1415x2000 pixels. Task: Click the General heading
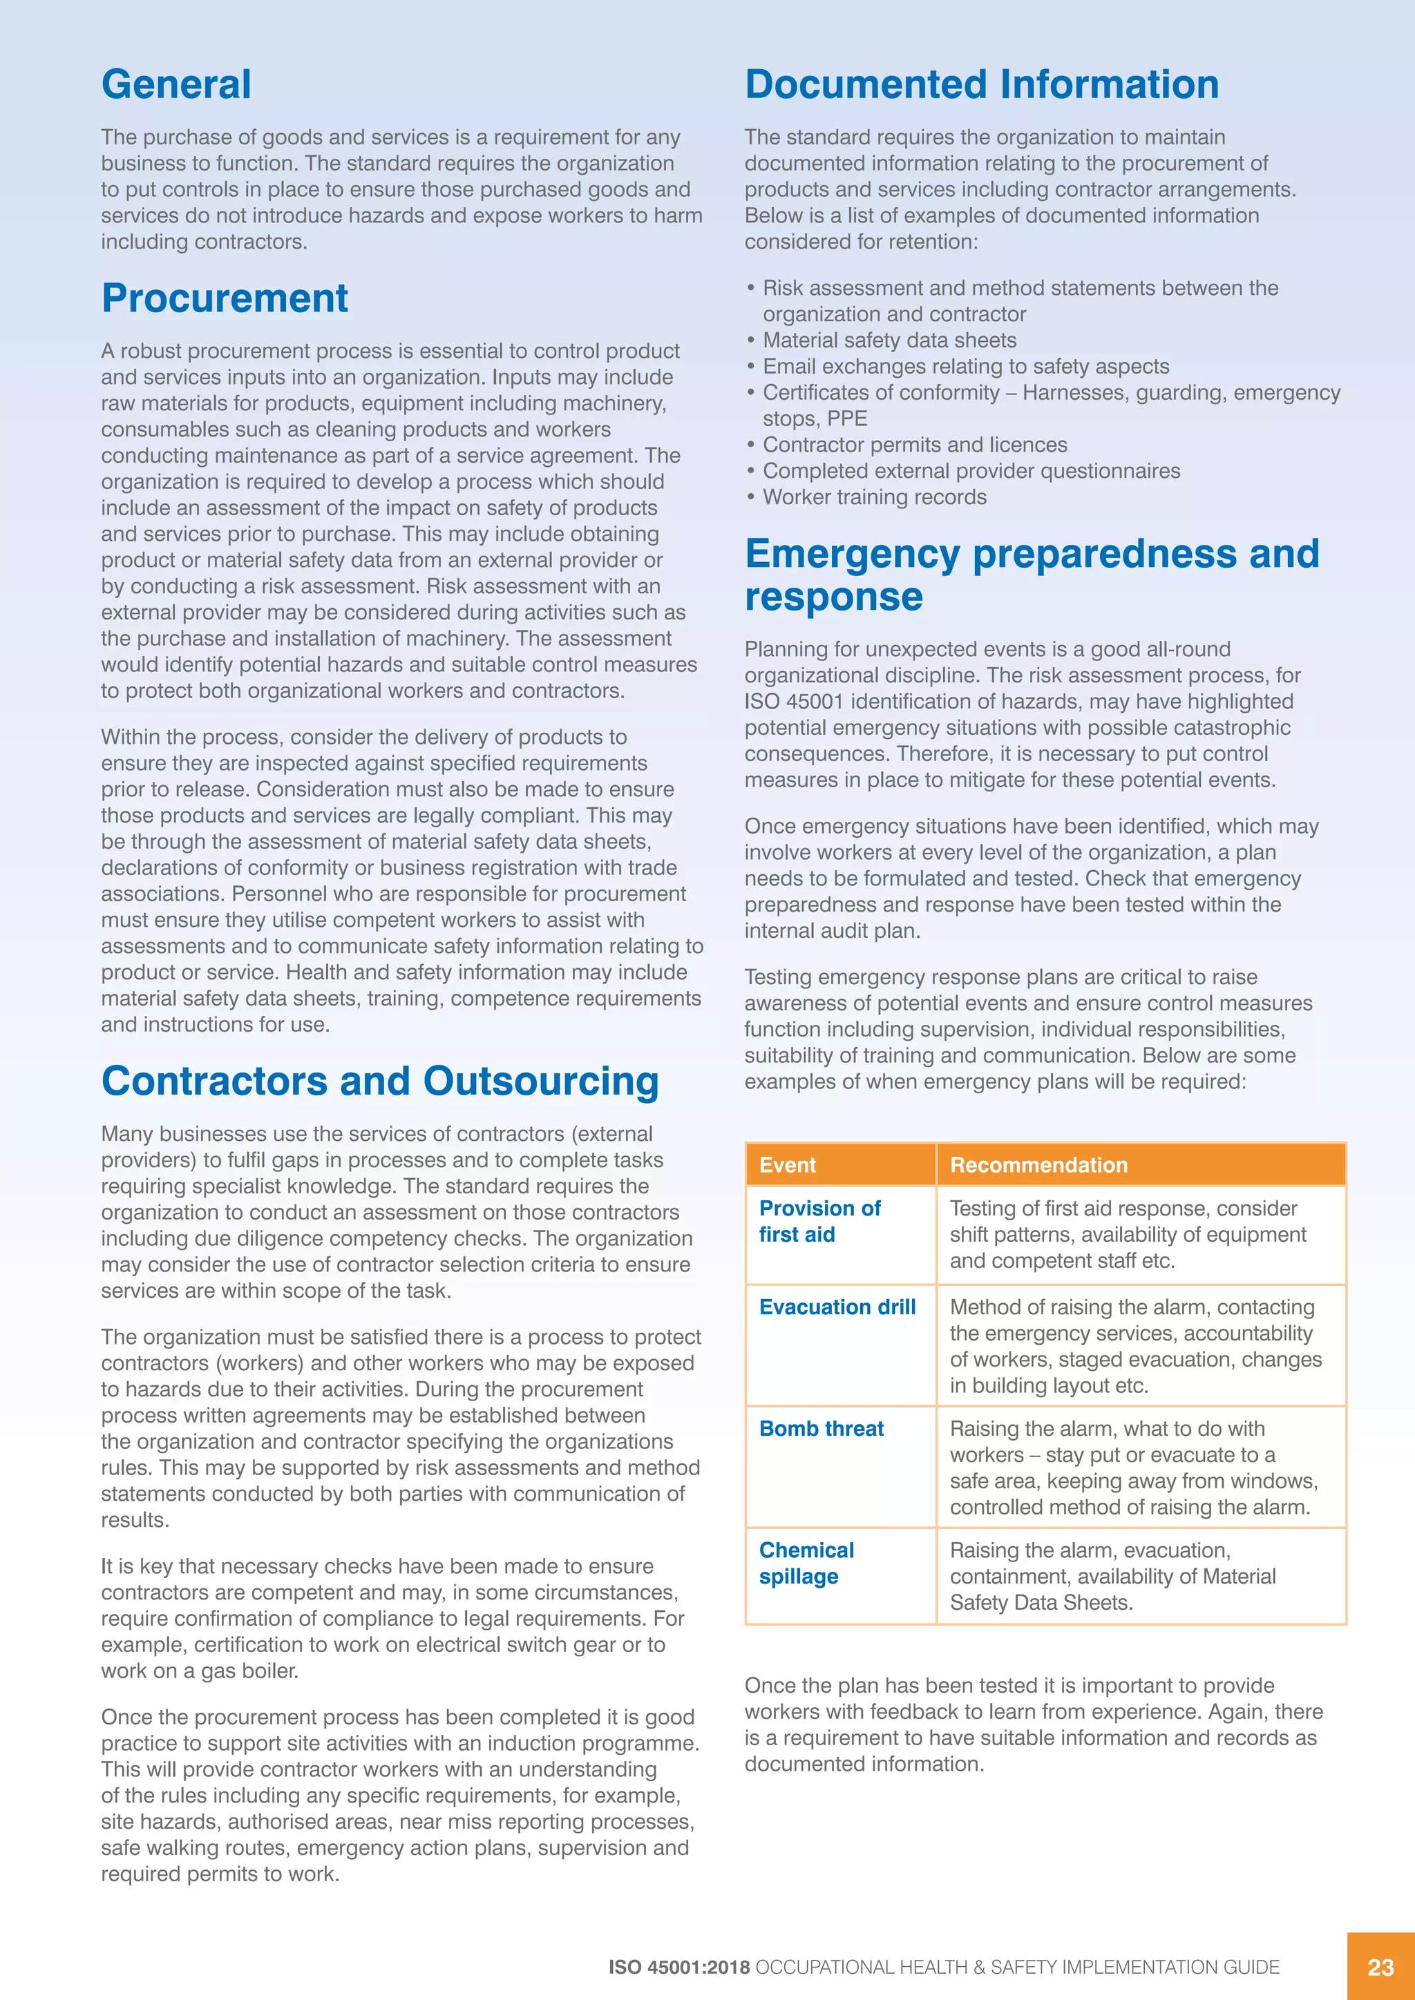click(176, 84)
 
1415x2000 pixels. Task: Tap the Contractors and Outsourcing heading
click(380, 1081)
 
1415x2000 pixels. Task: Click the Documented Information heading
click(981, 84)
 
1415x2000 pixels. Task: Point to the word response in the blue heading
click(834, 597)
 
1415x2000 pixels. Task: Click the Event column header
click(788, 1164)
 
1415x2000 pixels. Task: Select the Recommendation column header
click(1038, 1164)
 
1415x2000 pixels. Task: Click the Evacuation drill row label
click(837, 1307)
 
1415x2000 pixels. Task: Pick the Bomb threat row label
click(821, 1429)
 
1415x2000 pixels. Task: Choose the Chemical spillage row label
click(806, 1563)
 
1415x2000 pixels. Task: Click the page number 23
click(1380, 1967)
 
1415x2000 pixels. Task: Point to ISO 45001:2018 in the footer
click(678, 1967)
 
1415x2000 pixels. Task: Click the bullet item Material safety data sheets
click(889, 340)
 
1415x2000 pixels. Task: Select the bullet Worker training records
click(874, 497)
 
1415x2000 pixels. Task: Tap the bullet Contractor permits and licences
click(914, 445)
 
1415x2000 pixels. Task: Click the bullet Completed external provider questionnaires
click(971, 471)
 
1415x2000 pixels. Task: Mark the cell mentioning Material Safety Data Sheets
click(1112, 1576)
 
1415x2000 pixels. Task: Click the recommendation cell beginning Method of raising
click(1134, 1346)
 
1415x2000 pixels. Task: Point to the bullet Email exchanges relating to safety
click(965, 367)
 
